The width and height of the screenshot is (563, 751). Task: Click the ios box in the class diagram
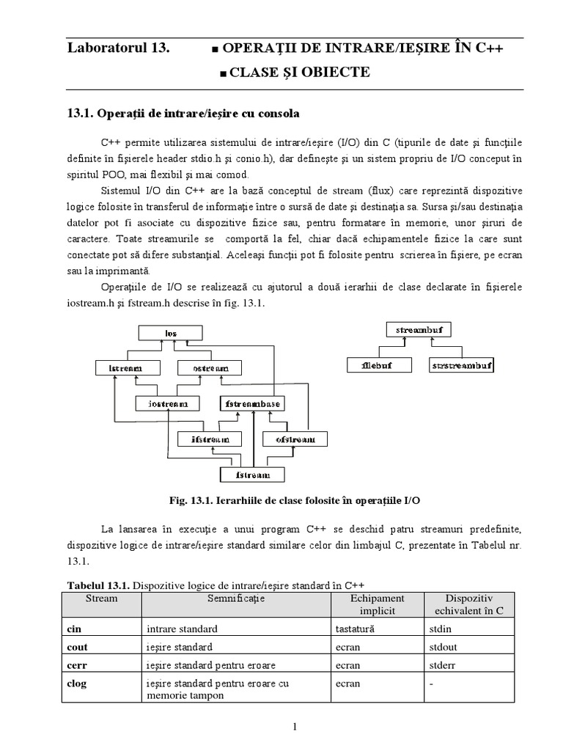point(171,334)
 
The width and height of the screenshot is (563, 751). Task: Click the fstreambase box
point(251,403)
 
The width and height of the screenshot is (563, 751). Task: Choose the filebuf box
point(377,364)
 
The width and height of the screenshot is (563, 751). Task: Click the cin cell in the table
point(73,629)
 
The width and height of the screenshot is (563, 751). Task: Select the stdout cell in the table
point(443,647)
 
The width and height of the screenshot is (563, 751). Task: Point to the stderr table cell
point(442,665)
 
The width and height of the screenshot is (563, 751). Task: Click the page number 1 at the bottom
point(294,727)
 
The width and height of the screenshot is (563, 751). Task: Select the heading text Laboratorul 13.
point(118,48)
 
